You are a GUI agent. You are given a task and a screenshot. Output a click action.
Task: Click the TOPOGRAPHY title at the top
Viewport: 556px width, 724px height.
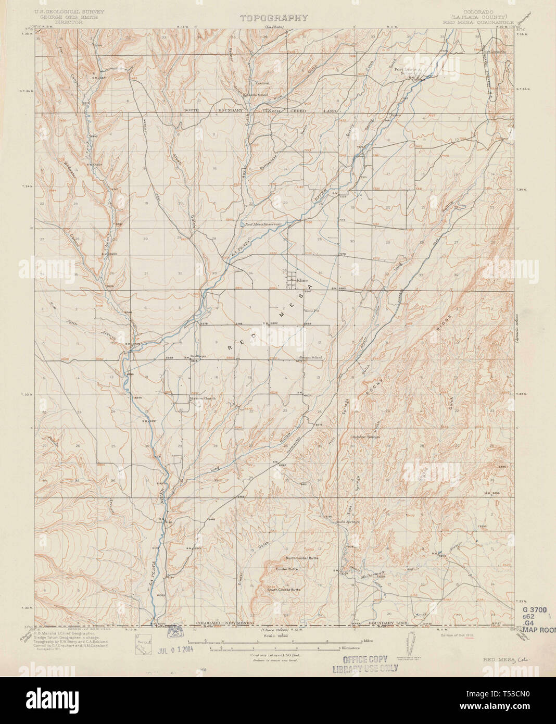274,18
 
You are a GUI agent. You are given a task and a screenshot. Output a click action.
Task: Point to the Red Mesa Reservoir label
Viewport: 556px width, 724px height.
263,224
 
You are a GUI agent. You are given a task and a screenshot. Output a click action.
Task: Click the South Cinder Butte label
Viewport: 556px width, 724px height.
284,590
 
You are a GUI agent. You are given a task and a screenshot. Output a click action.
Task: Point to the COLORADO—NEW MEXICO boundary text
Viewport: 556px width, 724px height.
220,623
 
